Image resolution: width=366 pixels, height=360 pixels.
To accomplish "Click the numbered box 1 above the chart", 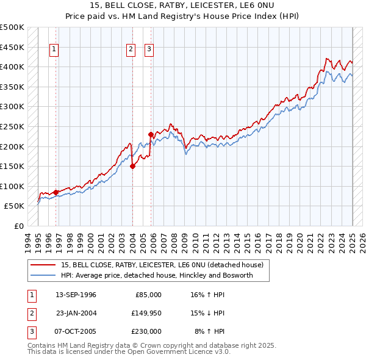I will pos(54,51).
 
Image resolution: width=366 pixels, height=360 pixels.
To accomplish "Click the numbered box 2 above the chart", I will pos(131,51).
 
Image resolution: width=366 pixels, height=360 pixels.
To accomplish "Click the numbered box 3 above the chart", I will pos(149,51).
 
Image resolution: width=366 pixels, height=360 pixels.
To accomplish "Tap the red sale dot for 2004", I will pos(132,166).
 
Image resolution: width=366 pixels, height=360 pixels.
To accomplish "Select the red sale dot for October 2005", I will pos(150,134).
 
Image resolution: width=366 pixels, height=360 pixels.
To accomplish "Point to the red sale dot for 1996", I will pos(56,192).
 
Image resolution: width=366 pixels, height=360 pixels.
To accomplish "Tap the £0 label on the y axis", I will pos(18,226).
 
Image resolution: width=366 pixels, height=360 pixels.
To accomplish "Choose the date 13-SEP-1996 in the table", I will pos(76,295).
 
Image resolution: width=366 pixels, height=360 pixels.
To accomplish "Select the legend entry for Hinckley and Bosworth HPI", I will pos(165,276).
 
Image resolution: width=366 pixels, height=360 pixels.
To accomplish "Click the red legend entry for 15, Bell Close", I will pos(162,265).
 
